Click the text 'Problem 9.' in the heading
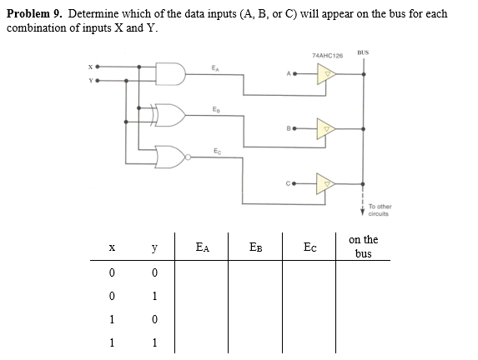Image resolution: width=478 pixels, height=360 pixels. tap(36, 14)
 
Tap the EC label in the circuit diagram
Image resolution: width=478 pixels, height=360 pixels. tap(215, 147)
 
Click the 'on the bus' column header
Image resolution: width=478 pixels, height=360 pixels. tap(364, 246)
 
